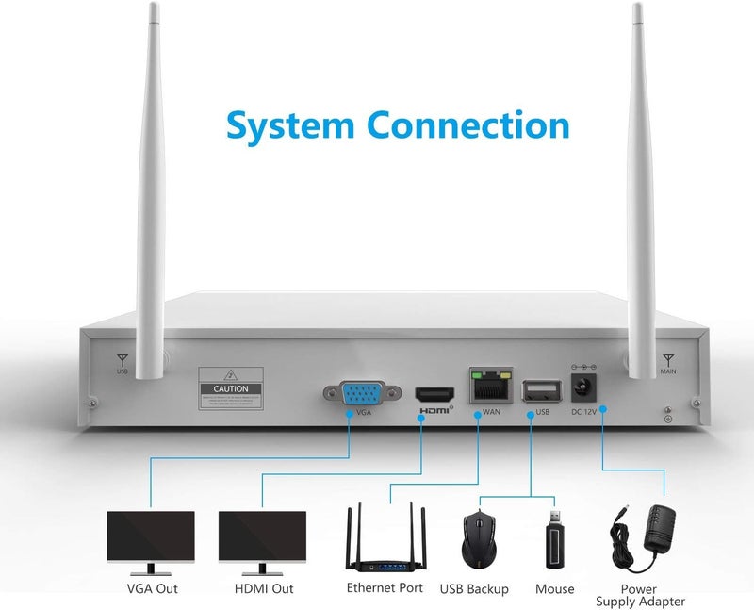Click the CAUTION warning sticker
point(230,388)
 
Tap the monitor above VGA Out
point(151,541)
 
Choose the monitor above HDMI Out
point(262,541)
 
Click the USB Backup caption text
point(474,589)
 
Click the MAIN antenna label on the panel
point(667,371)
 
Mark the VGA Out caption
point(152,589)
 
